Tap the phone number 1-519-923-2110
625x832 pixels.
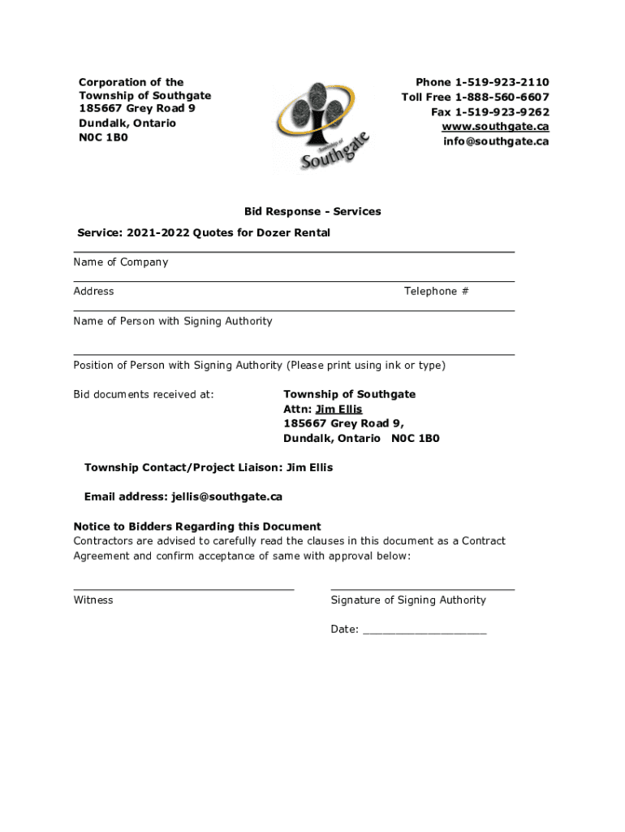click(x=502, y=82)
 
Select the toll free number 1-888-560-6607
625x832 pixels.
click(x=502, y=97)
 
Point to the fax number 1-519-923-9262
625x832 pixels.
click(x=502, y=112)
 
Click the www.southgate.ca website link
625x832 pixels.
click(x=495, y=127)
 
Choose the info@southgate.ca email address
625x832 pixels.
click(x=495, y=141)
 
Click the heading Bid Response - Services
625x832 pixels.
click(x=312, y=211)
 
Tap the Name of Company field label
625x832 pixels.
click(x=121, y=262)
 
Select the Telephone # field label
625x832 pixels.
click(x=436, y=291)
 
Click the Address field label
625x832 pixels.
click(x=93, y=291)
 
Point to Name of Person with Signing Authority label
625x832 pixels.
click(x=173, y=321)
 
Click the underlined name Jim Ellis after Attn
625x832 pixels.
click(x=338, y=409)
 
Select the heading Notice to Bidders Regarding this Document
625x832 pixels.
click(x=197, y=526)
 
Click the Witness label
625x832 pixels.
click(x=93, y=600)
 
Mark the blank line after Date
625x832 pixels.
click(x=425, y=630)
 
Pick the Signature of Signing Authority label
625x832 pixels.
click(x=408, y=600)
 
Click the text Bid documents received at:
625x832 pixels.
click(x=144, y=394)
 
